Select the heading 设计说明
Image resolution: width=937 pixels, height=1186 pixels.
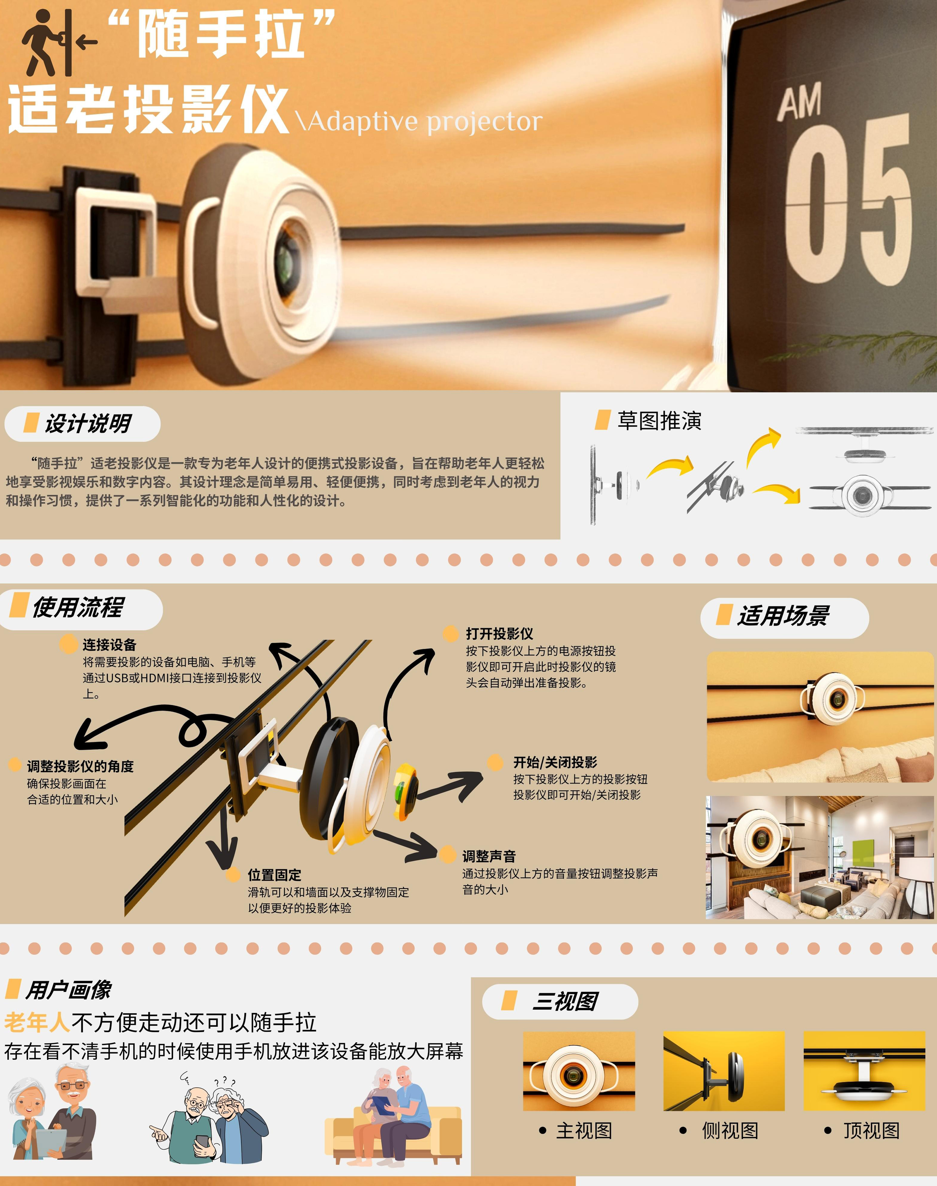88,423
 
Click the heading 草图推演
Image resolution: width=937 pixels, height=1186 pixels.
659,421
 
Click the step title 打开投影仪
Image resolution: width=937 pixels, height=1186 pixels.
499,634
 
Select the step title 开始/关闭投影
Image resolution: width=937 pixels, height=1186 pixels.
555,762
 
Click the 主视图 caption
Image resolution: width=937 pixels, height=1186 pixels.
584,1131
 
